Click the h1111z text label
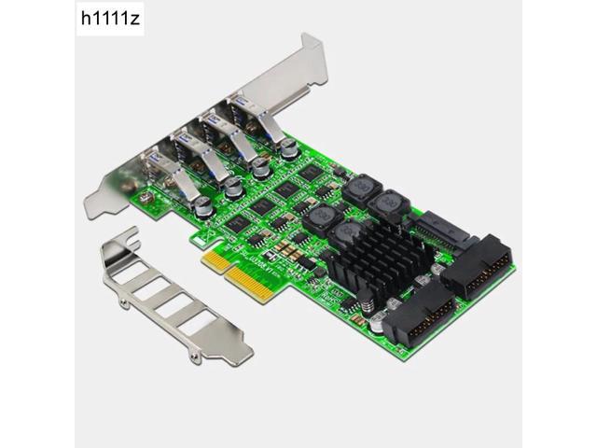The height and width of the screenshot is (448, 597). pos(37,18)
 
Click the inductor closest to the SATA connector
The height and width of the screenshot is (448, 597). pos(385,203)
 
